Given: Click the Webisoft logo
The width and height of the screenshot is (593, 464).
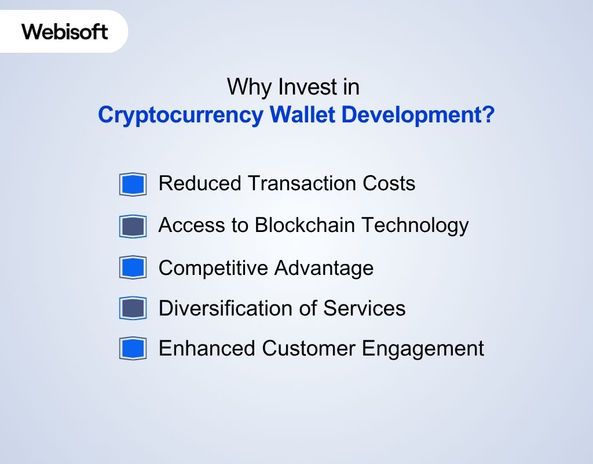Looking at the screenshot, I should click(65, 31).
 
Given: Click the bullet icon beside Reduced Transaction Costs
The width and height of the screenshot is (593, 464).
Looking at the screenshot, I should click(133, 184).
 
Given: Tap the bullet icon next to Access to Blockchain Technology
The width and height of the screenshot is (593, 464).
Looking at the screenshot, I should click(133, 226).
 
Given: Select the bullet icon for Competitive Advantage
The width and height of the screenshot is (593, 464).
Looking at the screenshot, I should click(133, 268).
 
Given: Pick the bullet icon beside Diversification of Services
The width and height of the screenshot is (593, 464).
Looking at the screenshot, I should click(133, 309).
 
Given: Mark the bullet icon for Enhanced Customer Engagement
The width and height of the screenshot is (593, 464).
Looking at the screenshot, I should click(133, 349).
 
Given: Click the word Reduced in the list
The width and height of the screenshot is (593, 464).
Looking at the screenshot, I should click(200, 183).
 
